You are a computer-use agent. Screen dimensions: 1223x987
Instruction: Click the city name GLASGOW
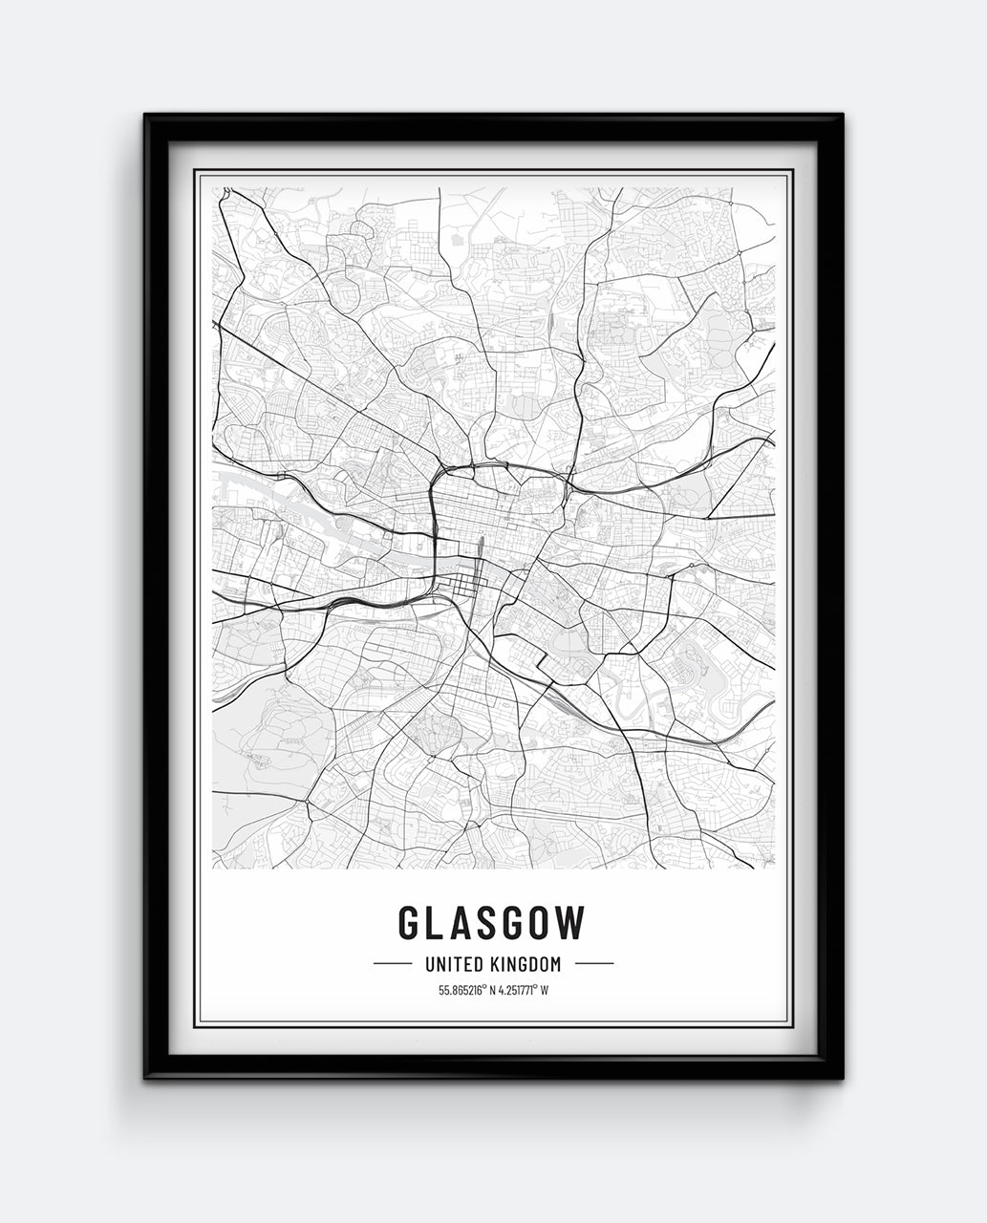pos(491,922)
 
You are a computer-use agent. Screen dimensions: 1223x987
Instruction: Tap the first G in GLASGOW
pos(408,922)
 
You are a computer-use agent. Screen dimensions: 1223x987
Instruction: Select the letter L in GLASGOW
pos(437,922)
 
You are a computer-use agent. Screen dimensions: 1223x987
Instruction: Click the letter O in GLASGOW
pos(544,922)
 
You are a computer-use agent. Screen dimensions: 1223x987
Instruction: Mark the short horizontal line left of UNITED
pos(392,964)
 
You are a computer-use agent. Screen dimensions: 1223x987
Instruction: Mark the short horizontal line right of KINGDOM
pos(594,964)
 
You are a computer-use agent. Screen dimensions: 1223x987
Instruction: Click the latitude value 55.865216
pos(461,990)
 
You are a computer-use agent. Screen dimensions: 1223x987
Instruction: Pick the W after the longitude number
pos(545,990)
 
